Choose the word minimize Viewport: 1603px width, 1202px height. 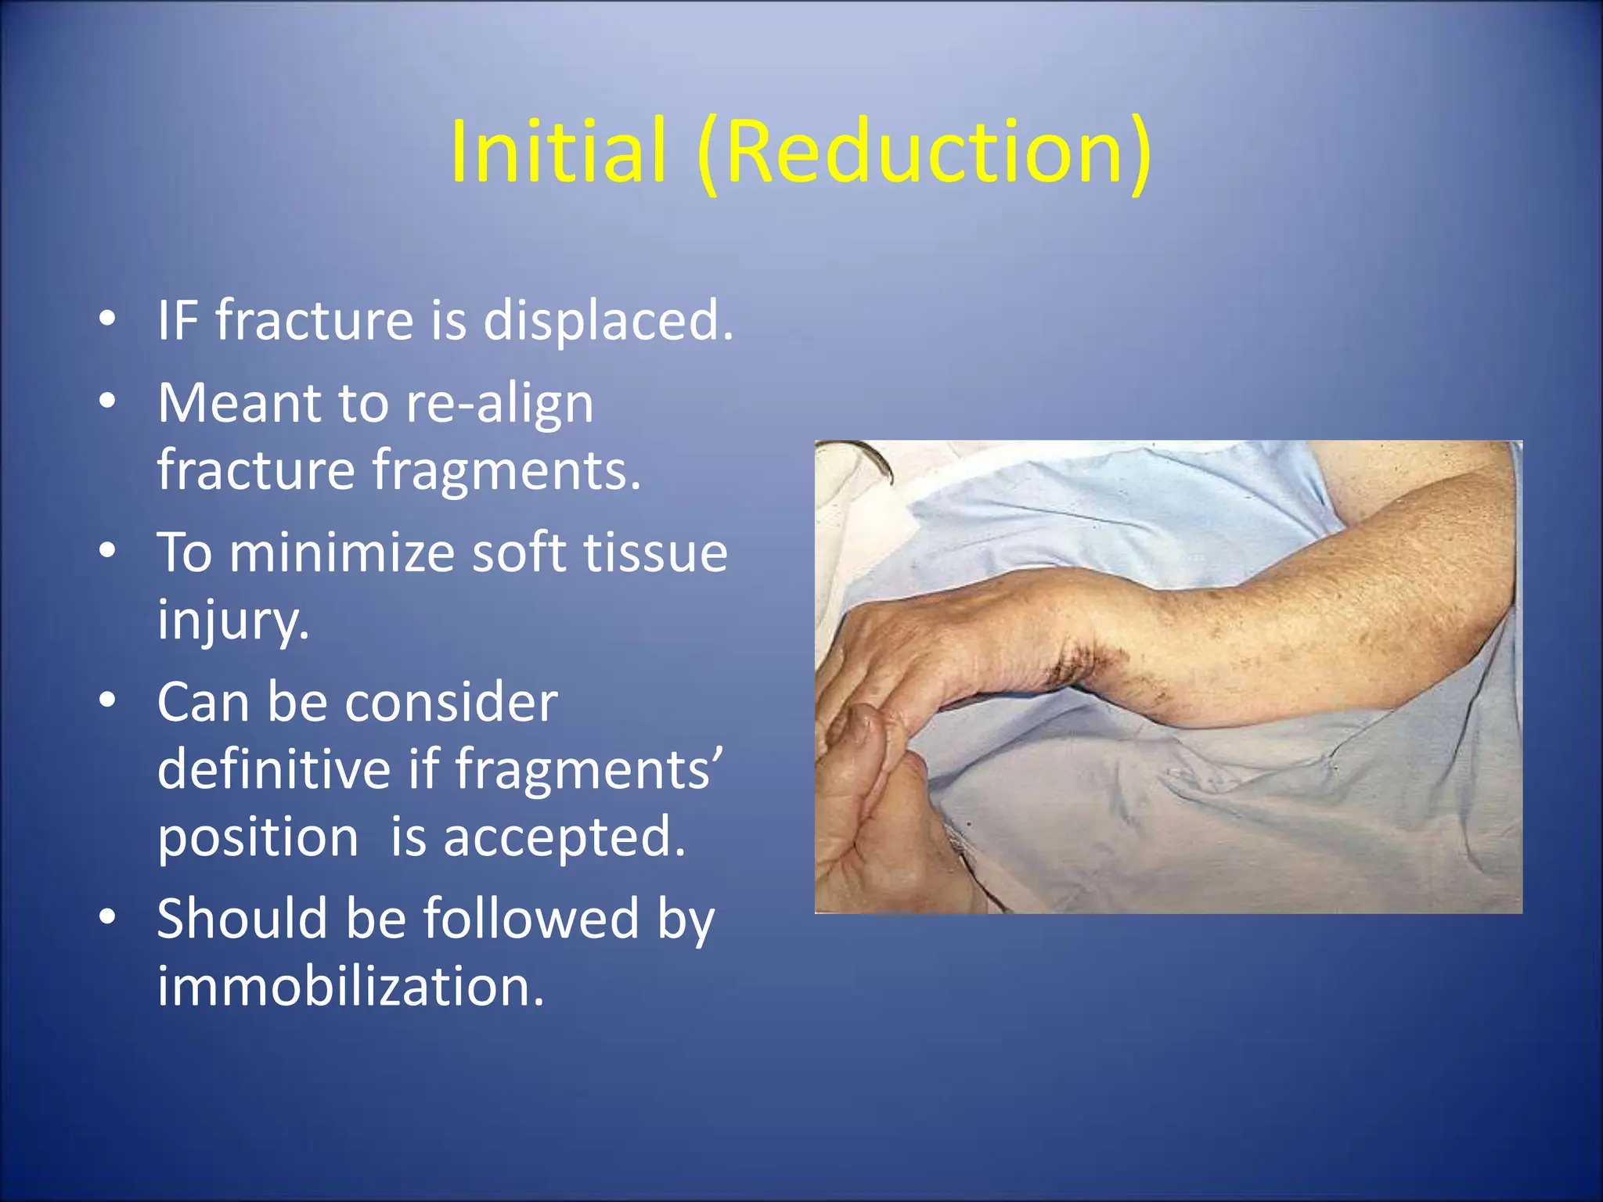pyautogui.click(x=341, y=552)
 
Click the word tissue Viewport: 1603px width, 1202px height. pyautogui.click(x=656, y=552)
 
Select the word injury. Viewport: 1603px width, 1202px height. pyautogui.click(x=233, y=620)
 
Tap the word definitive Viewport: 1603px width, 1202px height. pyautogui.click(x=273, y=768)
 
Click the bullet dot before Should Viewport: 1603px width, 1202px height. pyautogui.click(x=108, y=916)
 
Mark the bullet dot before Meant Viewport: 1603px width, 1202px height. pyautogui.click(x=108, y=401)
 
